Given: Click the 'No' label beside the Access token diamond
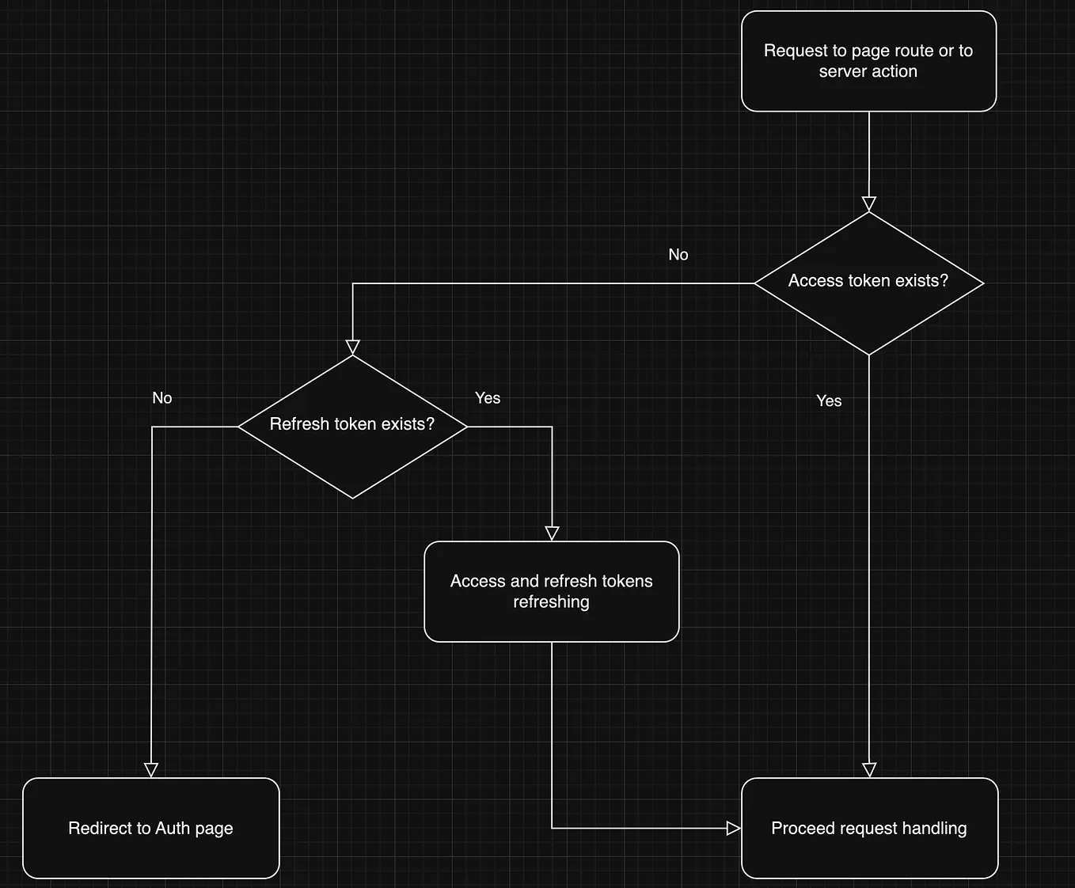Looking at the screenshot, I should [678, 255].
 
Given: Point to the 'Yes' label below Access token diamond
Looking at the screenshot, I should [829, 401].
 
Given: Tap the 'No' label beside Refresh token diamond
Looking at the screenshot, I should [162, 398].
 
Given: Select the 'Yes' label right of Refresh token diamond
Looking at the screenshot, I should [488, 398].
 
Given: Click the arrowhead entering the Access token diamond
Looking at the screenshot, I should [869, 204].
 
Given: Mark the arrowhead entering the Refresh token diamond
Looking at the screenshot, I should [353, 347].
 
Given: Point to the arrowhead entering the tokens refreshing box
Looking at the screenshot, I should [553, 534].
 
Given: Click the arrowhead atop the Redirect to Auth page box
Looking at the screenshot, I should [151, 770].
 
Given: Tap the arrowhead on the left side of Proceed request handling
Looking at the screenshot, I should [734, 829].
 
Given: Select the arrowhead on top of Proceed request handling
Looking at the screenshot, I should [869, 770].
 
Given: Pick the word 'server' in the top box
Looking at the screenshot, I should [842, 72].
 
